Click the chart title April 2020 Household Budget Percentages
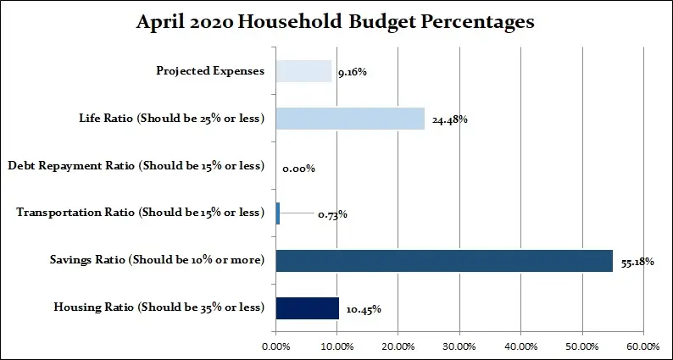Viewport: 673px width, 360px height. click(336, 23)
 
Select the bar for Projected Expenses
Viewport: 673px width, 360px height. click(303, 71)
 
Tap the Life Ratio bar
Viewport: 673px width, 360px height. click(350, 119)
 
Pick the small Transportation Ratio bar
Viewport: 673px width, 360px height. click(278, 213)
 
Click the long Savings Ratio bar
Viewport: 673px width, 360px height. click(444, 261)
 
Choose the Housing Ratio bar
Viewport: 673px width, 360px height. click(307, 308)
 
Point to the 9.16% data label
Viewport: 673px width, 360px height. click(351, 72)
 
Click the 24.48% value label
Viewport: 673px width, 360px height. click(449, 119)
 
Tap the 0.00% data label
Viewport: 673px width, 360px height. click(298, 168)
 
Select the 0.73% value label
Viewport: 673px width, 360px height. click(332, 214)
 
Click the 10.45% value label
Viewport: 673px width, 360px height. click(364, 309)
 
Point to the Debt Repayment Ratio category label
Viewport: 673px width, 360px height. click(136, 166)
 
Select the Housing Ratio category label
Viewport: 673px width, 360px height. click(159, 308)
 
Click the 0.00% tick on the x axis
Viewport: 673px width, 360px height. click(275, 346)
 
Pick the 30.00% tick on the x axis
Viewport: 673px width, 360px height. click(459, 346)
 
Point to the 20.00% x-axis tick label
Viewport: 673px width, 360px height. click(398, 346)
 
